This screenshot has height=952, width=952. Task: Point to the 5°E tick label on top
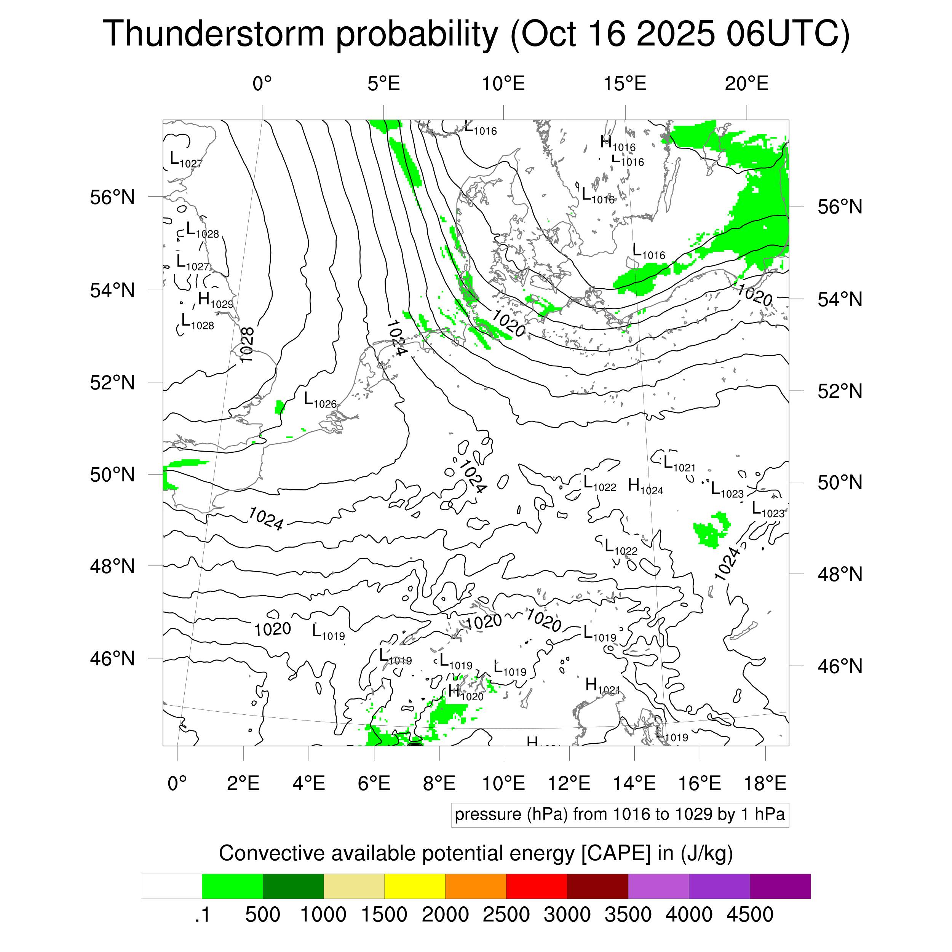tap(383, 84)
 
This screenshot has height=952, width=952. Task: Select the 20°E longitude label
tap(746, 84)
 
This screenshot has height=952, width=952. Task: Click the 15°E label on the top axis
tap(625, 84)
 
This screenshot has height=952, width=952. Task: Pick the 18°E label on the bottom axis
tap(765, 783)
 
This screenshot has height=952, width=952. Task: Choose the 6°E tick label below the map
tap(374, 783)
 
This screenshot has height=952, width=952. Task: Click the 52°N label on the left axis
tap(112, 382)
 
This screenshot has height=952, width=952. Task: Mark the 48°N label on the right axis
tap(840, 574)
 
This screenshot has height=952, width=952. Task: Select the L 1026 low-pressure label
tap(320, 399)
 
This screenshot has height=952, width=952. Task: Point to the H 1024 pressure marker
tap(645, 486)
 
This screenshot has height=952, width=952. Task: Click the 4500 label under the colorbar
tap(749, 915)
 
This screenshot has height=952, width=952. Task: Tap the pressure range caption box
tap(620, 815)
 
